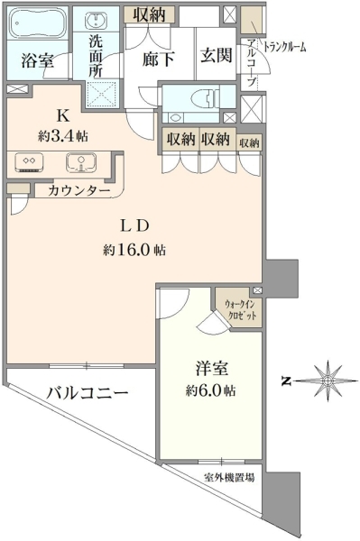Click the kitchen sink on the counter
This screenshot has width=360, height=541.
point(80,162)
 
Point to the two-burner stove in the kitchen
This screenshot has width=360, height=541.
point(29,162)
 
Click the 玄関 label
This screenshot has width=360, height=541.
point(216,55)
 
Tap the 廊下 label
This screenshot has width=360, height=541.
point(158,60)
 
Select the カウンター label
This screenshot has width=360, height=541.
point(79,190)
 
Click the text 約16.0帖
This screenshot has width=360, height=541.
point(134,250)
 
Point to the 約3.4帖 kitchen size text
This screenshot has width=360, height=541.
point(63,137)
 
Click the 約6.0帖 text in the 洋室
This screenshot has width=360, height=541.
point(211,390)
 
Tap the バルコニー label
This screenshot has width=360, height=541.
point(88,393)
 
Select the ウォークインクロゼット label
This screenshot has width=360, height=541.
point(240,310)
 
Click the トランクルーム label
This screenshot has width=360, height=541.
point(285,47)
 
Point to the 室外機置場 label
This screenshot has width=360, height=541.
point(229,478)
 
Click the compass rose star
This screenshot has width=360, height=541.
point(327,381)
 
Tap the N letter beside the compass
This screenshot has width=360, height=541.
point(285,381)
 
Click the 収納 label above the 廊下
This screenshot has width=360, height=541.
point(150,14)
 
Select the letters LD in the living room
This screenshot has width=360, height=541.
point(134,226)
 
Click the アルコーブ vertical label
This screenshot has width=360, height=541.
point(252,63)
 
